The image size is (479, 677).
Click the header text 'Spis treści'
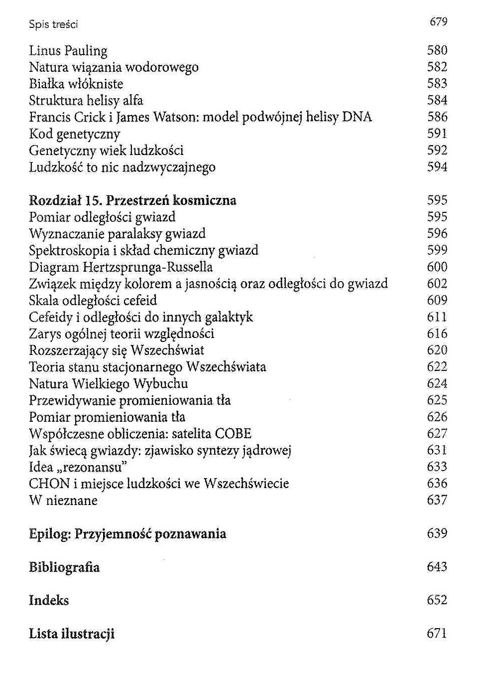(x=53, y=24)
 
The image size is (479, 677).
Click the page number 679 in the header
(x=438, y=21)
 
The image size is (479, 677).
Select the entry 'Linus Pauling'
(x=68, y=51)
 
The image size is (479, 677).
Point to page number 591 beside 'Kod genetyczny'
(x=437, y=134)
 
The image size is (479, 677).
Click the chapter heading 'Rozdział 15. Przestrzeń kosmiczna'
(x=132, y=200)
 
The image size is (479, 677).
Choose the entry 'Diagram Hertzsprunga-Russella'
(x=120, y=267)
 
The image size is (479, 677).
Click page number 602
(x=437, y=284)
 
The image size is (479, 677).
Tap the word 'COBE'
(x=233, y=434)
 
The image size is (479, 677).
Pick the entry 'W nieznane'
(x=63, y=501)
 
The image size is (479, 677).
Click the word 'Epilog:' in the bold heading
(x=50, y=534)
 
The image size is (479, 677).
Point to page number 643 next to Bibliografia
(x=437, y=567)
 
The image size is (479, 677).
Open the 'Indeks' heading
(x=49, y=600)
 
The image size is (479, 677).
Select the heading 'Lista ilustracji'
(x=72, y=634)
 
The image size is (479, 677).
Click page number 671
(x=437, y=634)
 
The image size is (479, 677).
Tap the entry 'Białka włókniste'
(x=76, y=84)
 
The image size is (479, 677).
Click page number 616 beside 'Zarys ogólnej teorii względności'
(x=437, y=334)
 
